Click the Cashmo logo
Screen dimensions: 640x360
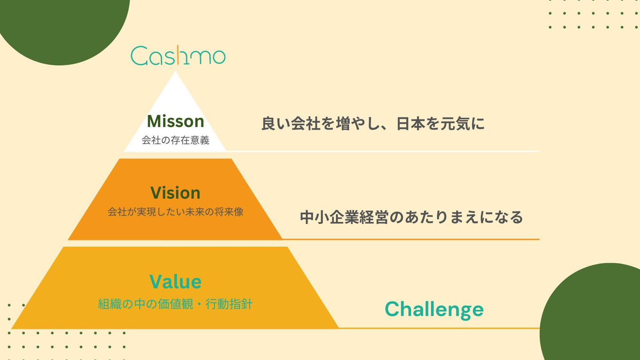point(178,55)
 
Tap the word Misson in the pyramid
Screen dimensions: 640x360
point(176,121)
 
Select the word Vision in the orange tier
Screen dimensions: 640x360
point(176,192)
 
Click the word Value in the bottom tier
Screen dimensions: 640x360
point(176,281)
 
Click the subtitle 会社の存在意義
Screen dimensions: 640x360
point(176,140)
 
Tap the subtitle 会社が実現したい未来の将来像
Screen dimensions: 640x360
point(176,212)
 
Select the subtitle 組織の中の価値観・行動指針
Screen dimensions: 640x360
point(176,304)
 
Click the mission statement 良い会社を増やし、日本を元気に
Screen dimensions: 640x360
point(373,124)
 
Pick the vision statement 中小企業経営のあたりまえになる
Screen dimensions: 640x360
point(412,217)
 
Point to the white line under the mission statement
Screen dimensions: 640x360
point(383,151)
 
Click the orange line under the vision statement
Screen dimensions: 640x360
point(411,239)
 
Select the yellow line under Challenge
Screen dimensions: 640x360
point(439,328)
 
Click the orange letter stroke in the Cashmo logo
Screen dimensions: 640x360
point(177,55)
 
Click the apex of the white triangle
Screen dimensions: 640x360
point(175,72)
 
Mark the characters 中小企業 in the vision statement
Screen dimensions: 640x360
point(329,217)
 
